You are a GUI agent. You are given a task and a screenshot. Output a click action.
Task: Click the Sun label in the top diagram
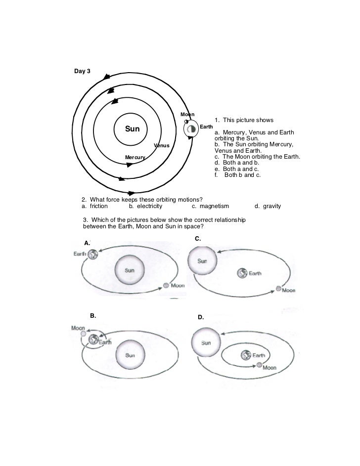132,129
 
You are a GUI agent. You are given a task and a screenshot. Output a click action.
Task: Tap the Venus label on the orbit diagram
161,145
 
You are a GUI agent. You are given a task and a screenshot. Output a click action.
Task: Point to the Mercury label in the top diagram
135,157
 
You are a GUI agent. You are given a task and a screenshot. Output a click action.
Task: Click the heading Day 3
82,71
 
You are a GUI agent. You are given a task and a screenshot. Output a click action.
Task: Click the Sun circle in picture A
130,270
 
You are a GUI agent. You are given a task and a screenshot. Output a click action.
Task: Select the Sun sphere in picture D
206,342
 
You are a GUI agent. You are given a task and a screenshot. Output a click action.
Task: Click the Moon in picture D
259,365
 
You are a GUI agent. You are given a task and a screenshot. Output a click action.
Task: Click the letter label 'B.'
93,315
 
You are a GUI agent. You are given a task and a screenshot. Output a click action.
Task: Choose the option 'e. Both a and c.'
237,169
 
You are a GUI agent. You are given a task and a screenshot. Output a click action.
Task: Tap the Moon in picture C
278,290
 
